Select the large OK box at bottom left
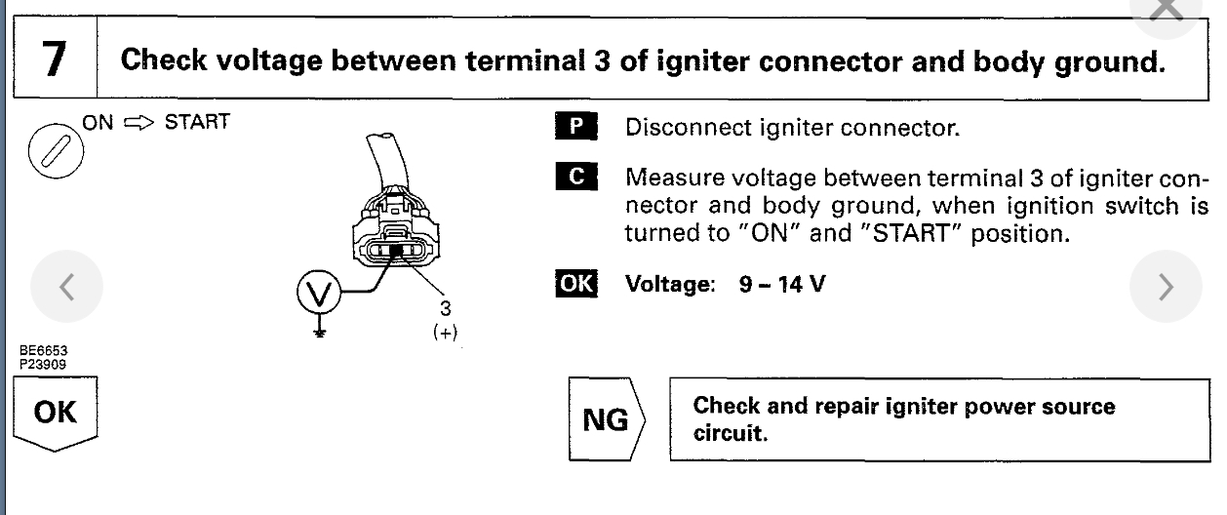55,413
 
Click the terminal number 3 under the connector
446,308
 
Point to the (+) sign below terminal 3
446,332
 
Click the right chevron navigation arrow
1166,287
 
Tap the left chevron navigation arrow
66,287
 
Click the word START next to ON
197,123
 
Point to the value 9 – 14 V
782,287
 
